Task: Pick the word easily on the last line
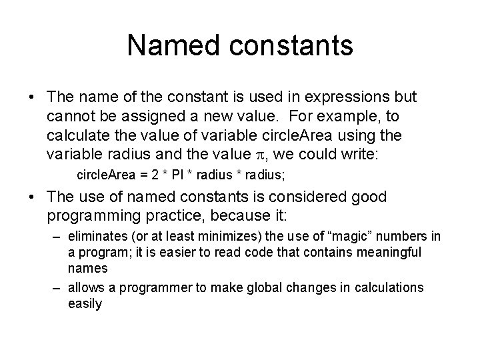[x=85, y=303]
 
